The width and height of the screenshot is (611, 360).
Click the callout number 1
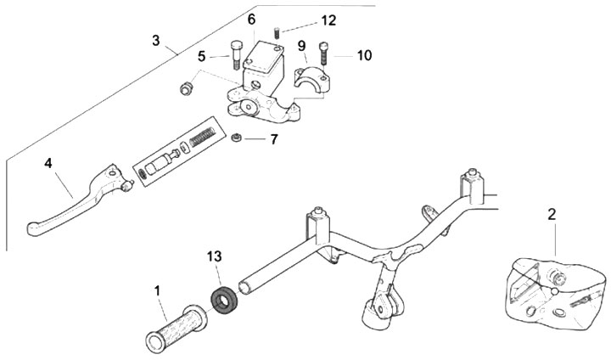tap(158, 291)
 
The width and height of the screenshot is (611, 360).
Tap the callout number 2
tap(552, 215)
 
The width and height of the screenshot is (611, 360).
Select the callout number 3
tap(156, 40)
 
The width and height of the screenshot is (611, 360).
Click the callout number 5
tap(202, 56)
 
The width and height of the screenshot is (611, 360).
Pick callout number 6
tap(251, 20)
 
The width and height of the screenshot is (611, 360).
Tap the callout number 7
tap(273, 138)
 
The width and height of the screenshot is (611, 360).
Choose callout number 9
tap(301, 45)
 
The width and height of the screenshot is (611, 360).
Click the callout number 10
tap(364, 56)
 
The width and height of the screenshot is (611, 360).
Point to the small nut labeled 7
tap(239, 138)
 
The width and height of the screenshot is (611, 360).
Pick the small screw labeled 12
tap(277, 34)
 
